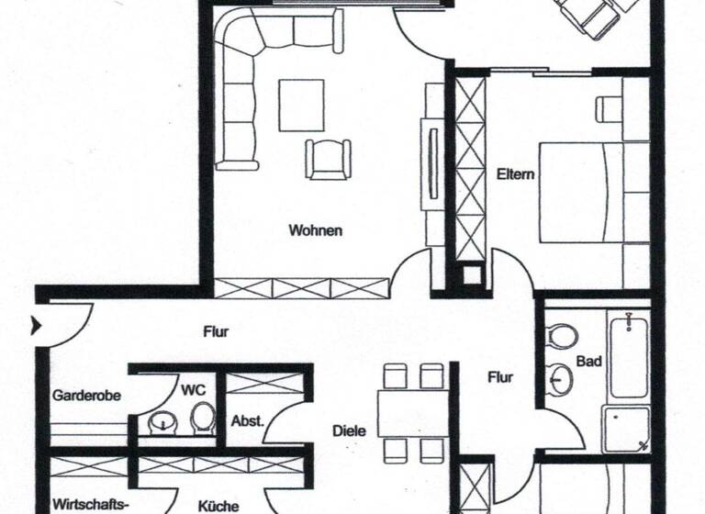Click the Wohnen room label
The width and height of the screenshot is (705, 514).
[315, 230]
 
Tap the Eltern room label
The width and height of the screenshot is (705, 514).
[515, 173]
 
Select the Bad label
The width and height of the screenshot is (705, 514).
[588, 362]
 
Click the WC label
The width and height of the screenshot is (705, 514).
[193, 389]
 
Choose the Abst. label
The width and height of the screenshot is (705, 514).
[247, 421]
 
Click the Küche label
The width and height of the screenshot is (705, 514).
[218, 506]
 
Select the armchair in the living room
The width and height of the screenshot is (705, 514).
[329, 158]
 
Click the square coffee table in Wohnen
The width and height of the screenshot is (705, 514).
[302, 106]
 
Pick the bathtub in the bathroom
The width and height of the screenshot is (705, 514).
[629, 355]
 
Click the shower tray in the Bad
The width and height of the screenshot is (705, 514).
[625, 429]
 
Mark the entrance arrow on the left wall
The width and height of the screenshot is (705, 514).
[38, 325]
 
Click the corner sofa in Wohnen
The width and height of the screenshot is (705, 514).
[241, 83]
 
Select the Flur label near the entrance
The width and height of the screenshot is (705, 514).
[216, 332]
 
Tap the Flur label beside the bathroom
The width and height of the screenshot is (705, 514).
[500, 376]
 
